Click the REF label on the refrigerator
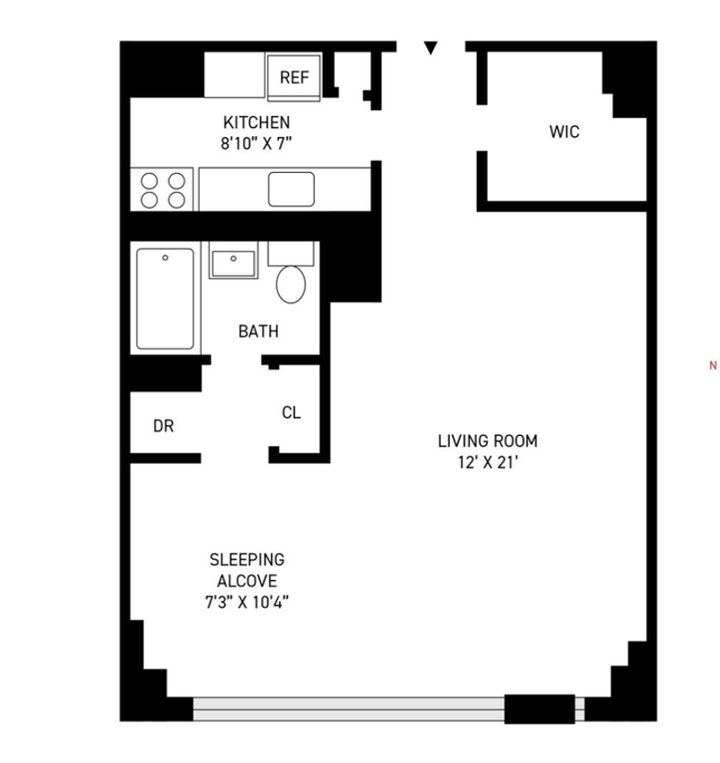(294, 77)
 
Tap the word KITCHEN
(256, 123)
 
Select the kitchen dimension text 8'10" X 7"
(256, 143)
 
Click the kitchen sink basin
(292, 189)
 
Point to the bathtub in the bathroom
(166, 299)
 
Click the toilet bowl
(291, 285)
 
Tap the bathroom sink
(233, 264)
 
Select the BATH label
(258, 332)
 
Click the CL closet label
(292, 413)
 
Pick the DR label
(163, 426)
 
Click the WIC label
(564, 132)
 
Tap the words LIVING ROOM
(488, 441)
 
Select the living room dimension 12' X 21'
(488, 462)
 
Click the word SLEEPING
(247, 559)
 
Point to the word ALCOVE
(247, 581)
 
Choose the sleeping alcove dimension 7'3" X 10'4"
(247, 603)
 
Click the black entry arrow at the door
(431, 48)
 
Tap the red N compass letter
(713, 366)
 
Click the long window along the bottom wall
(348, 708)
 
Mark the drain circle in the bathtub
(166, 258)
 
